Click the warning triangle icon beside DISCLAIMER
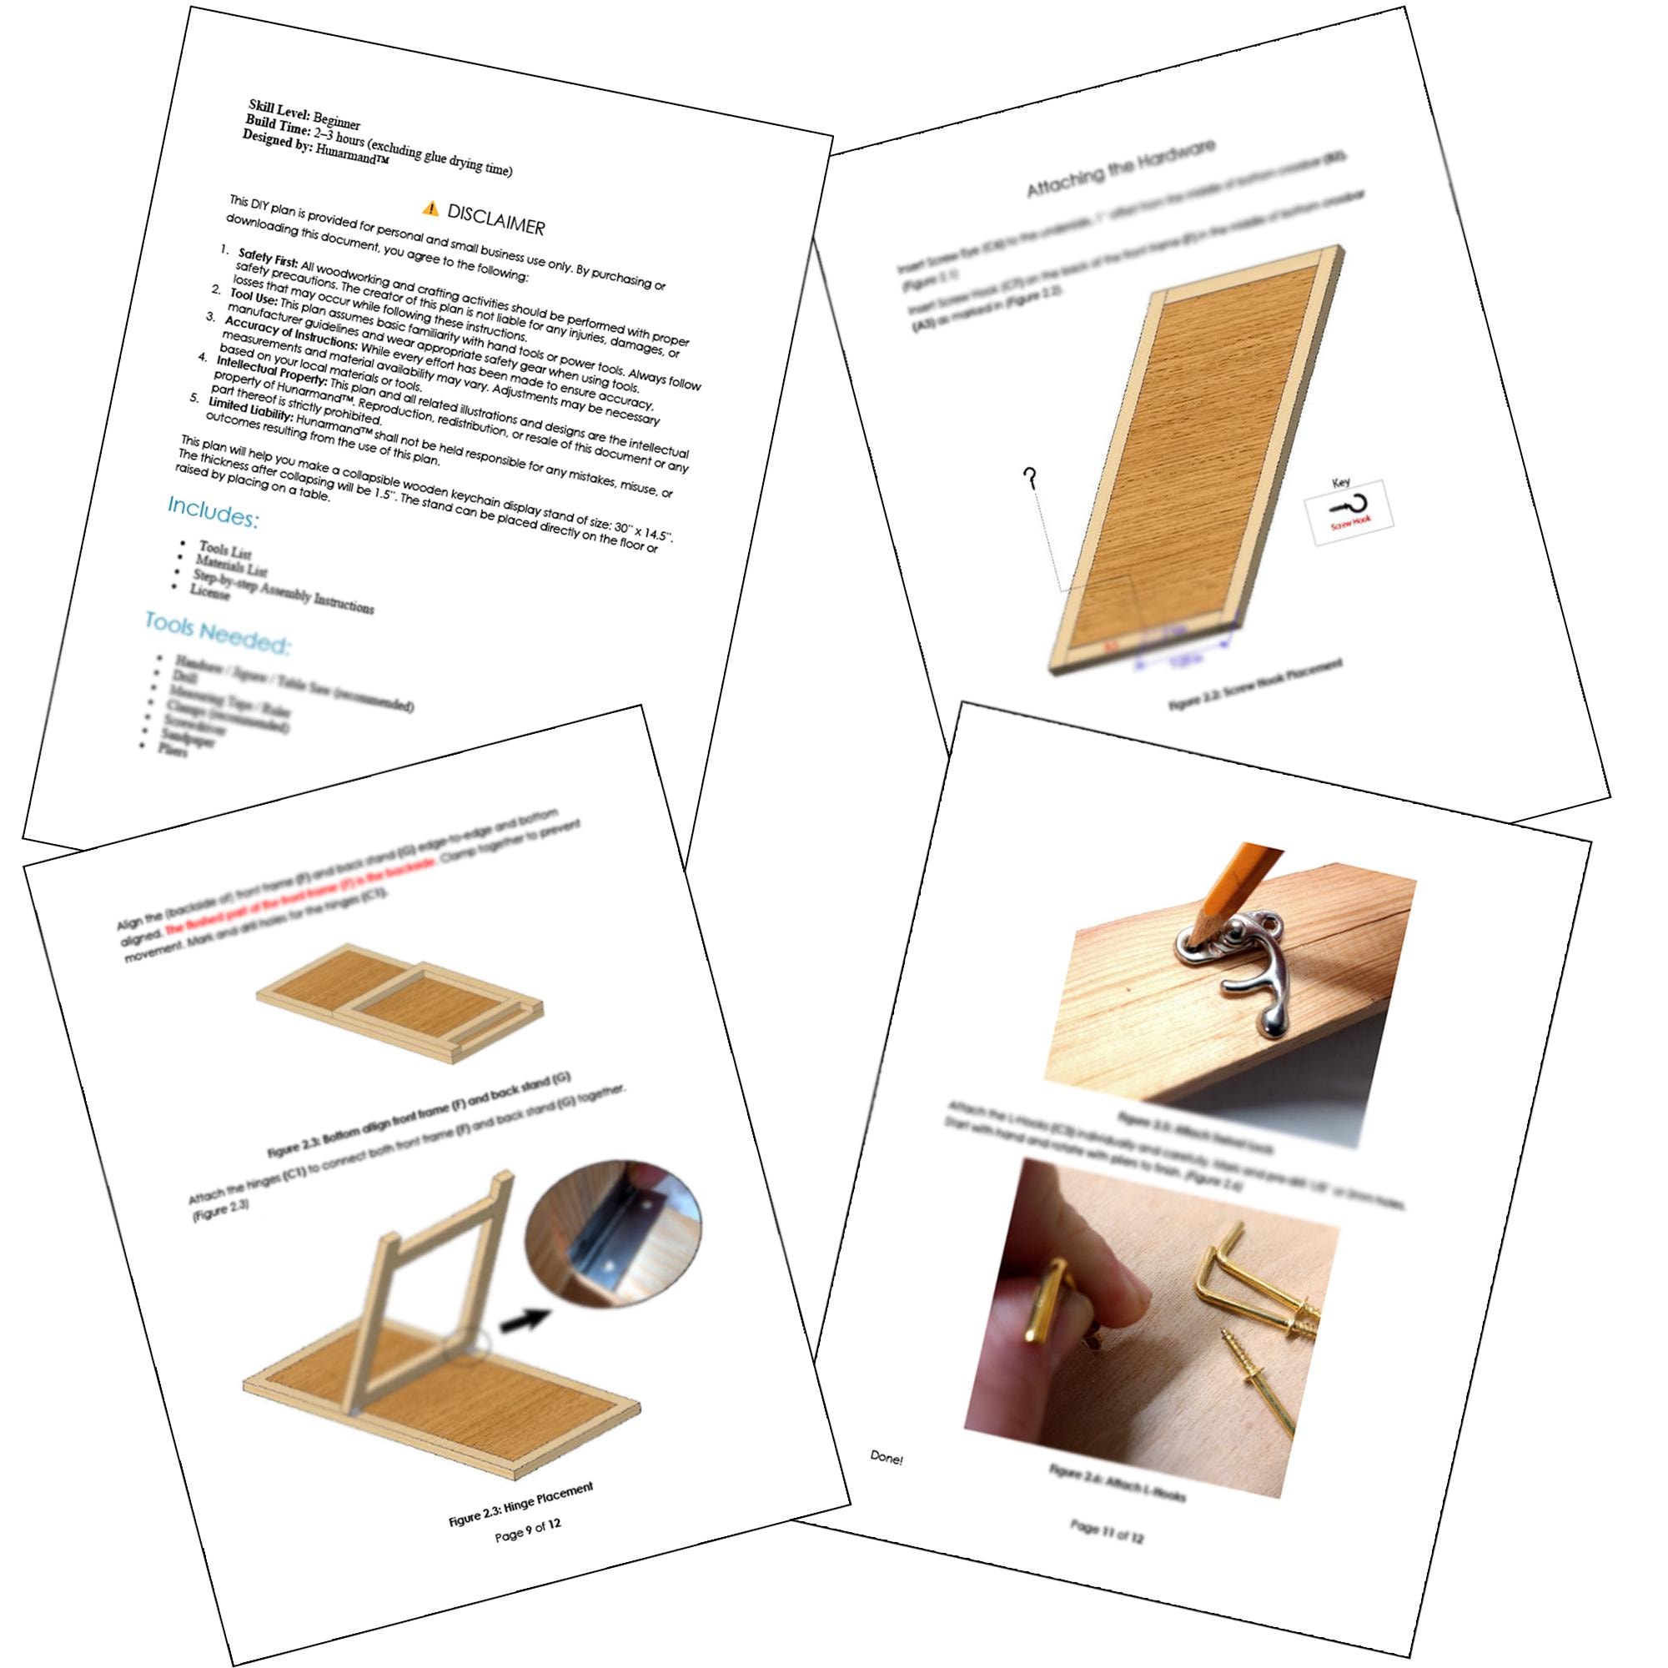click(x=430, y=207)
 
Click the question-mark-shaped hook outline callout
click(x=1029, y=478)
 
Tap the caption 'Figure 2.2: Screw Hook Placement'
click(x=1255, y=685)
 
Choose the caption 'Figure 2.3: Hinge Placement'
click(x=520, y=1504)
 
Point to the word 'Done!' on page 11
click(x=886, y=1458)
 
